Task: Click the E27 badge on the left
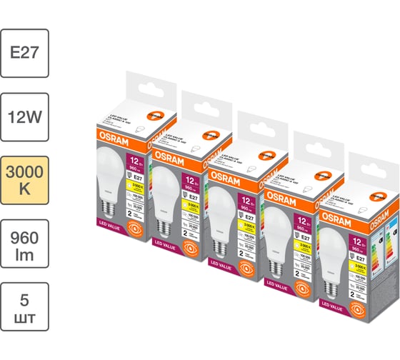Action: click(x=24, y=54)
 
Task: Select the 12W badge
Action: click(x=24, y=116)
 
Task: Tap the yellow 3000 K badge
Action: click(x=24, y=179)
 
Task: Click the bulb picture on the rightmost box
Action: click(x=334, y=250)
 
